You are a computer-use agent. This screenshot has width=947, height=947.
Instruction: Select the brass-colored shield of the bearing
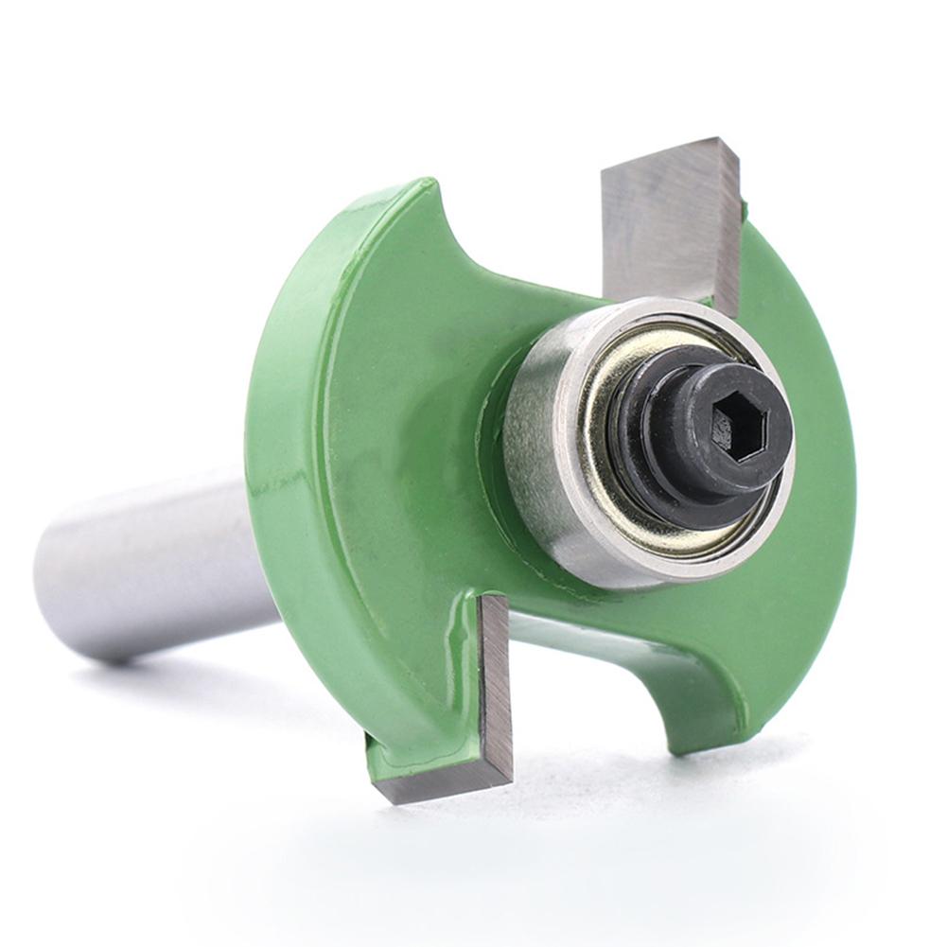tap(605, 473)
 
